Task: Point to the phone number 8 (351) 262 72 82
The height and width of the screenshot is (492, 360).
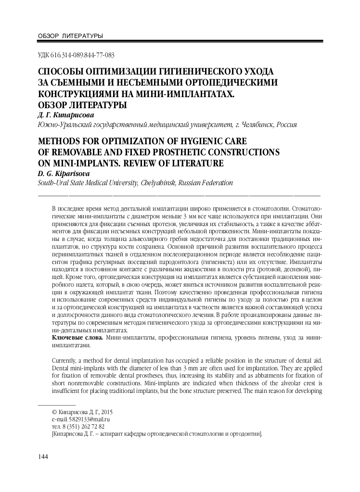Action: pos(85,426)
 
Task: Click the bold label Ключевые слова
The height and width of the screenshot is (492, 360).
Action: pos(77,338)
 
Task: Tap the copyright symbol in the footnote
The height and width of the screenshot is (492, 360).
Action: pos(53,412)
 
